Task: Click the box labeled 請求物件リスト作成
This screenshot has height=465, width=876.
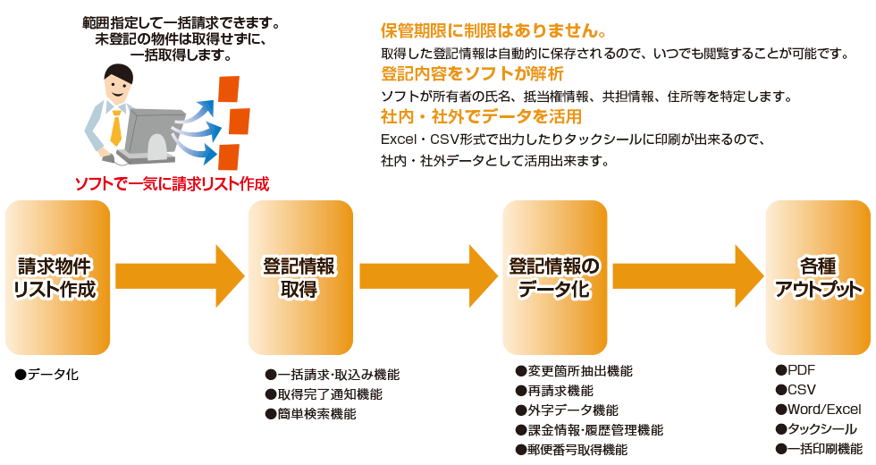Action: pos(58,277)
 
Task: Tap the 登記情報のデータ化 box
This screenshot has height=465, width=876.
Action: pos(554,277)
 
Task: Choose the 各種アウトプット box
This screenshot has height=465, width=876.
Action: pos(818,277)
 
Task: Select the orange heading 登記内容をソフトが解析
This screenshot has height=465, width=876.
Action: pos(472,73)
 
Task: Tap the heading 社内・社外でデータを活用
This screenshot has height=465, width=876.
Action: pos(481,117)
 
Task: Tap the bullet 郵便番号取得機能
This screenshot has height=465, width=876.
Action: pos(577,449)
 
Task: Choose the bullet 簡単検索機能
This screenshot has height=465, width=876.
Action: pos(316,414)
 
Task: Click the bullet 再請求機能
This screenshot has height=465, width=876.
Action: pos(560,391)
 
